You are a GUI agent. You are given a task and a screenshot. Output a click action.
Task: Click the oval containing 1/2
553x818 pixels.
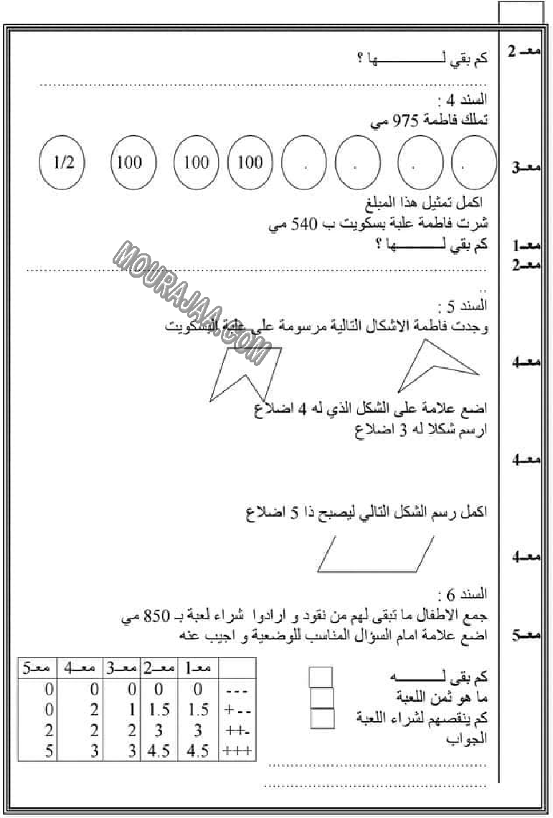pyautogui.click(x=63, y=162)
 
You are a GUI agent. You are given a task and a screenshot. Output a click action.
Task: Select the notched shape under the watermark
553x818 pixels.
pyautogui.click(x=244, y=373)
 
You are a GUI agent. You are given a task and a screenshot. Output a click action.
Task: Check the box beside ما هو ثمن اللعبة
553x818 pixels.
pyautogui.click(x=322, y=697)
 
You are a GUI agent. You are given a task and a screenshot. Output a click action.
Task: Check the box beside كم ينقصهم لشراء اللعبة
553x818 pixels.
pyautogui.click(x=322, y=718)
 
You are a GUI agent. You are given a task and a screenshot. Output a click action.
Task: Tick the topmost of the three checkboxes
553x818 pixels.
pyautogui.click(x=321, y=677)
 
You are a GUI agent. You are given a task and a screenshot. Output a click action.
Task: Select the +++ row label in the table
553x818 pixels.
pyautogui.click(x=235, y=751)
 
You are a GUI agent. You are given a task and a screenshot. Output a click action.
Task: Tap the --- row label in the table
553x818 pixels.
pyautogui.click(x=235, y=690)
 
